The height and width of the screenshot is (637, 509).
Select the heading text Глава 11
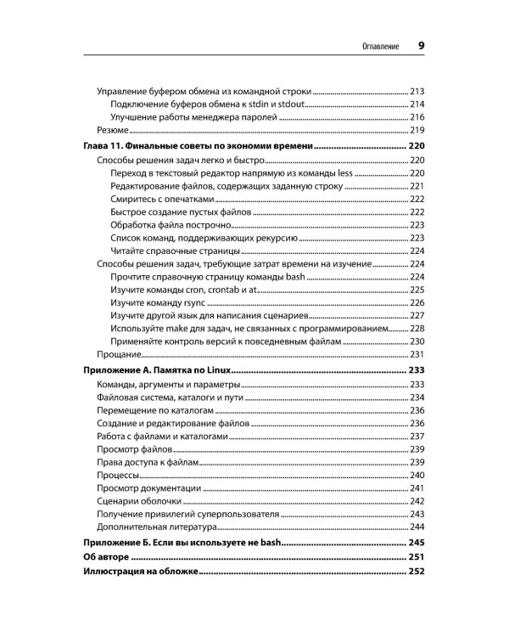107,146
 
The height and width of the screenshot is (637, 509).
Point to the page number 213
416,91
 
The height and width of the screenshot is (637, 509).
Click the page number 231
416,353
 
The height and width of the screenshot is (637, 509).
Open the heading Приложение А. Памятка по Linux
156,371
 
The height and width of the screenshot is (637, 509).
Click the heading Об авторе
106,557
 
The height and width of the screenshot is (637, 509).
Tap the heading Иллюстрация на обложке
140,573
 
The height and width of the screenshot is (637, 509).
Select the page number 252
416,573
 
